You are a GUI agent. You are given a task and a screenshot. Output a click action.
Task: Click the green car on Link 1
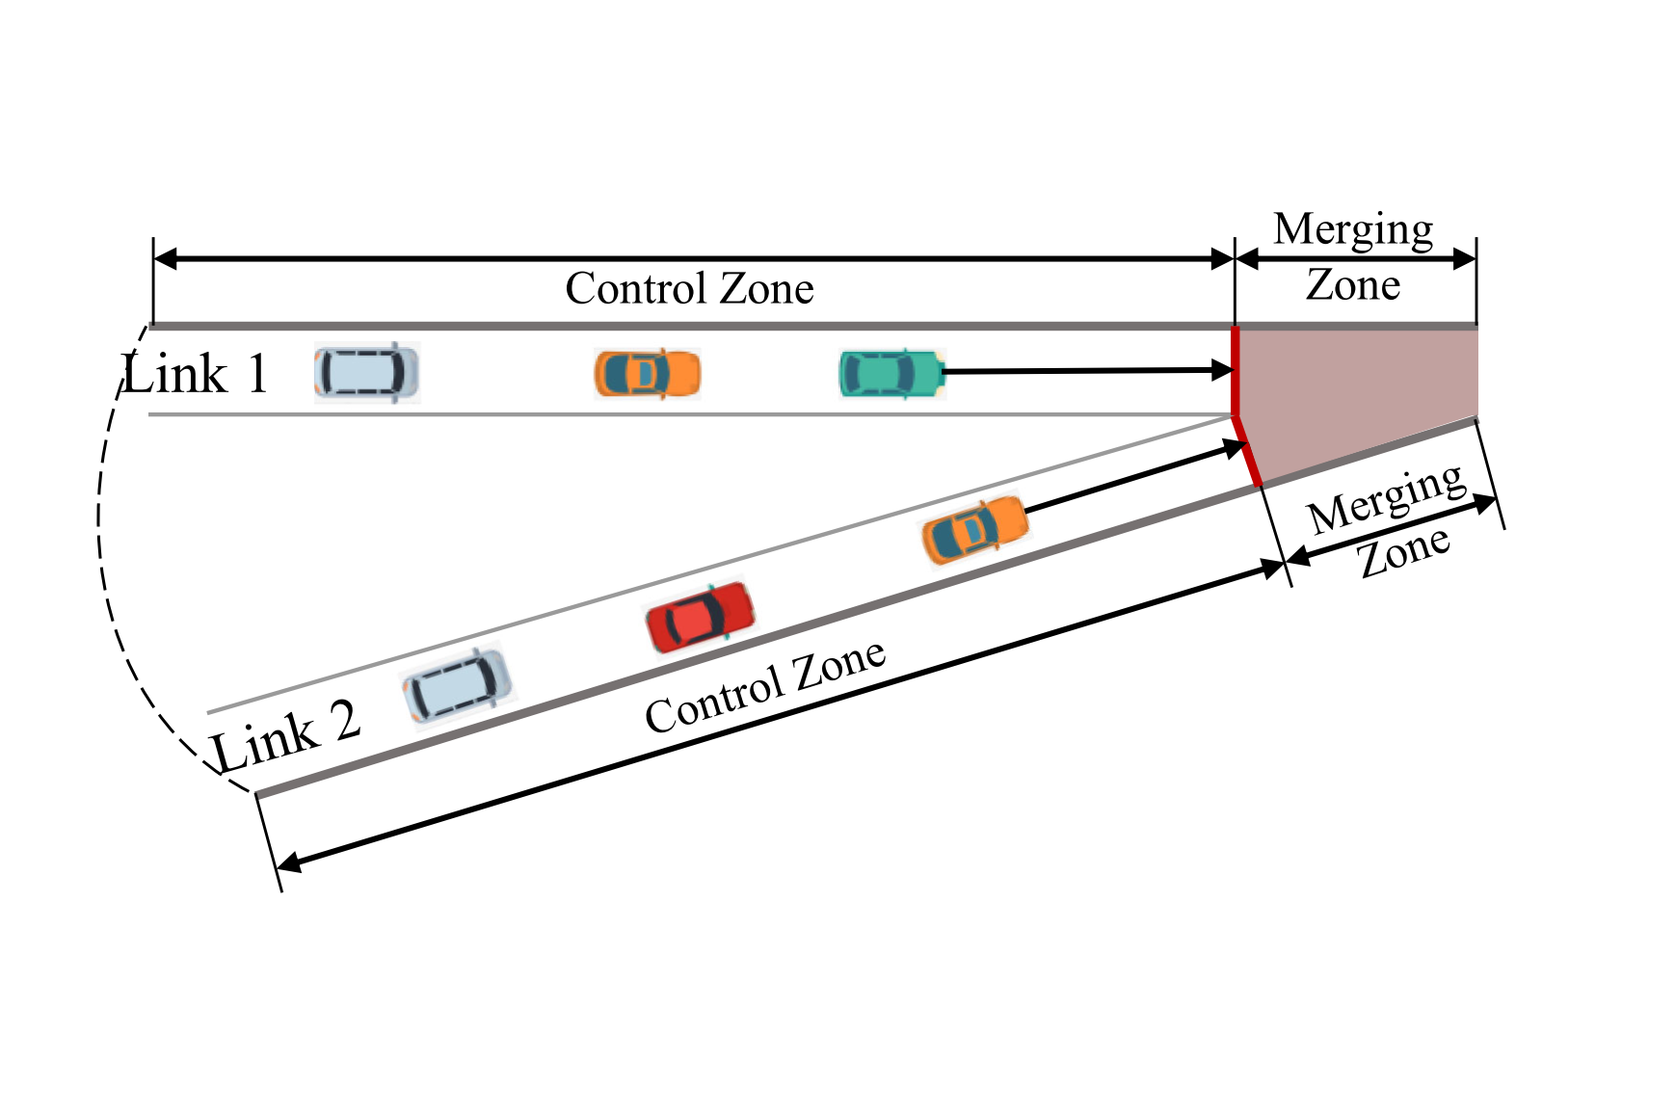890,374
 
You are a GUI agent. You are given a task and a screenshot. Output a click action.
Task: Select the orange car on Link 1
647,374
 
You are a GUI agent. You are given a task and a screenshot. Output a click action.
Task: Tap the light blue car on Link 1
367,373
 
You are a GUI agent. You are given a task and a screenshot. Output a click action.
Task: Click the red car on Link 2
700,617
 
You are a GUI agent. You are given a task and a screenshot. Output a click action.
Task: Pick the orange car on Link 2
975,529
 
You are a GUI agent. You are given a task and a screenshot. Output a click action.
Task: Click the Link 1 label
196,374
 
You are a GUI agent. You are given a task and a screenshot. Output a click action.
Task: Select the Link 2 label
286,737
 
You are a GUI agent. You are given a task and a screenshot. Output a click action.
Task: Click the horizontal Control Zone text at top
689,288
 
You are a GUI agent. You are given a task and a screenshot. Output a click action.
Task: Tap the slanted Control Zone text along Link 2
765,687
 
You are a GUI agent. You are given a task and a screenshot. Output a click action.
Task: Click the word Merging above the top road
1353,229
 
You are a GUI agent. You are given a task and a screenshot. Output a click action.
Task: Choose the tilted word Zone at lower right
1404,551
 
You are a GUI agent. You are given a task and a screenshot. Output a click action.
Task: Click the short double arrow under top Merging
1355,258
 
